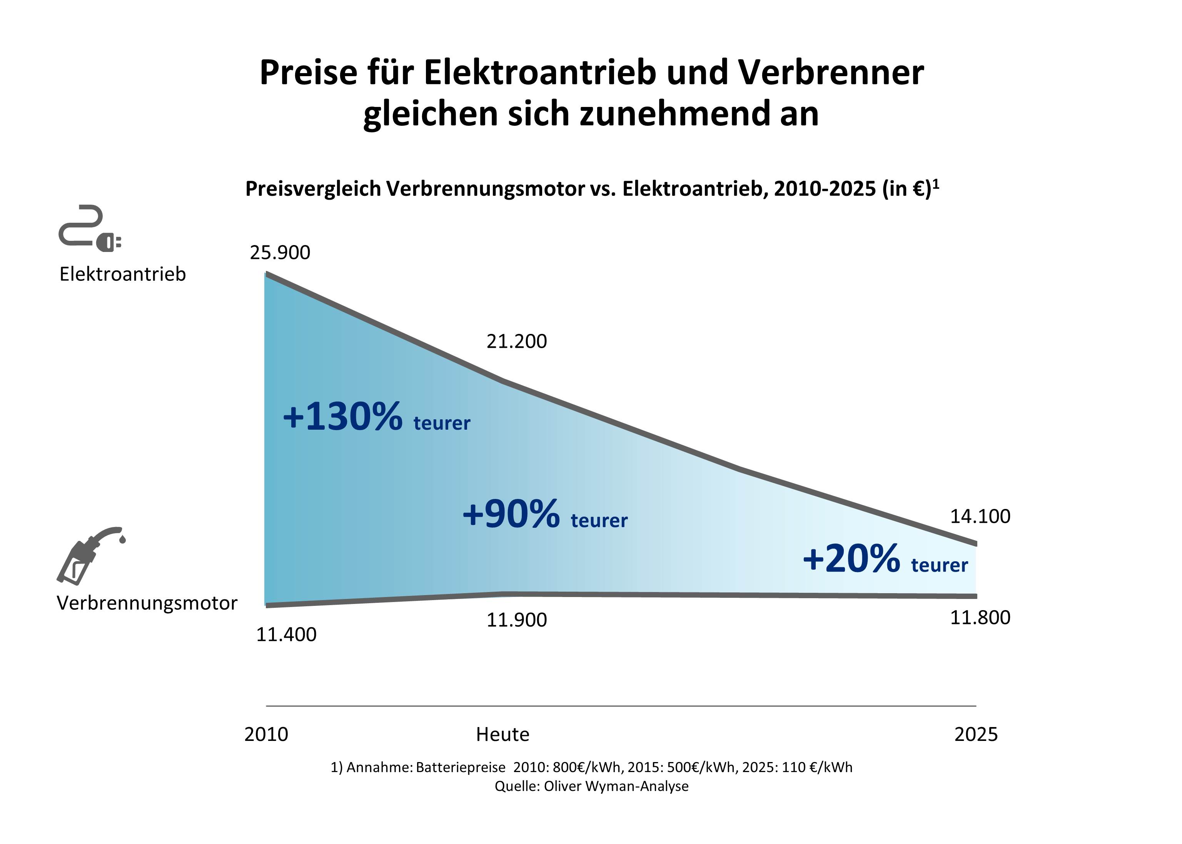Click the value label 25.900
coord(280,253)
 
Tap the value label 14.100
coord(980,516)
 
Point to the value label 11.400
coord(286,635)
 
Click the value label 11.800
coord(980,617)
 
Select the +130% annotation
coord(342,416)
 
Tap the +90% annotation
coord(511,514)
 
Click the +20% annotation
coord(851,559)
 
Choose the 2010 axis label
coord(266,734)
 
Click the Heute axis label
coord(503,734)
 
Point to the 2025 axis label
coord(976,734)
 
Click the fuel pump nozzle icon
coord(89,555)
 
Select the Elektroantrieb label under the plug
coord(123,274)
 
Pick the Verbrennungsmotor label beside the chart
coord(147,603)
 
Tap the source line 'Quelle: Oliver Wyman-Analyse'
coord(591,786)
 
